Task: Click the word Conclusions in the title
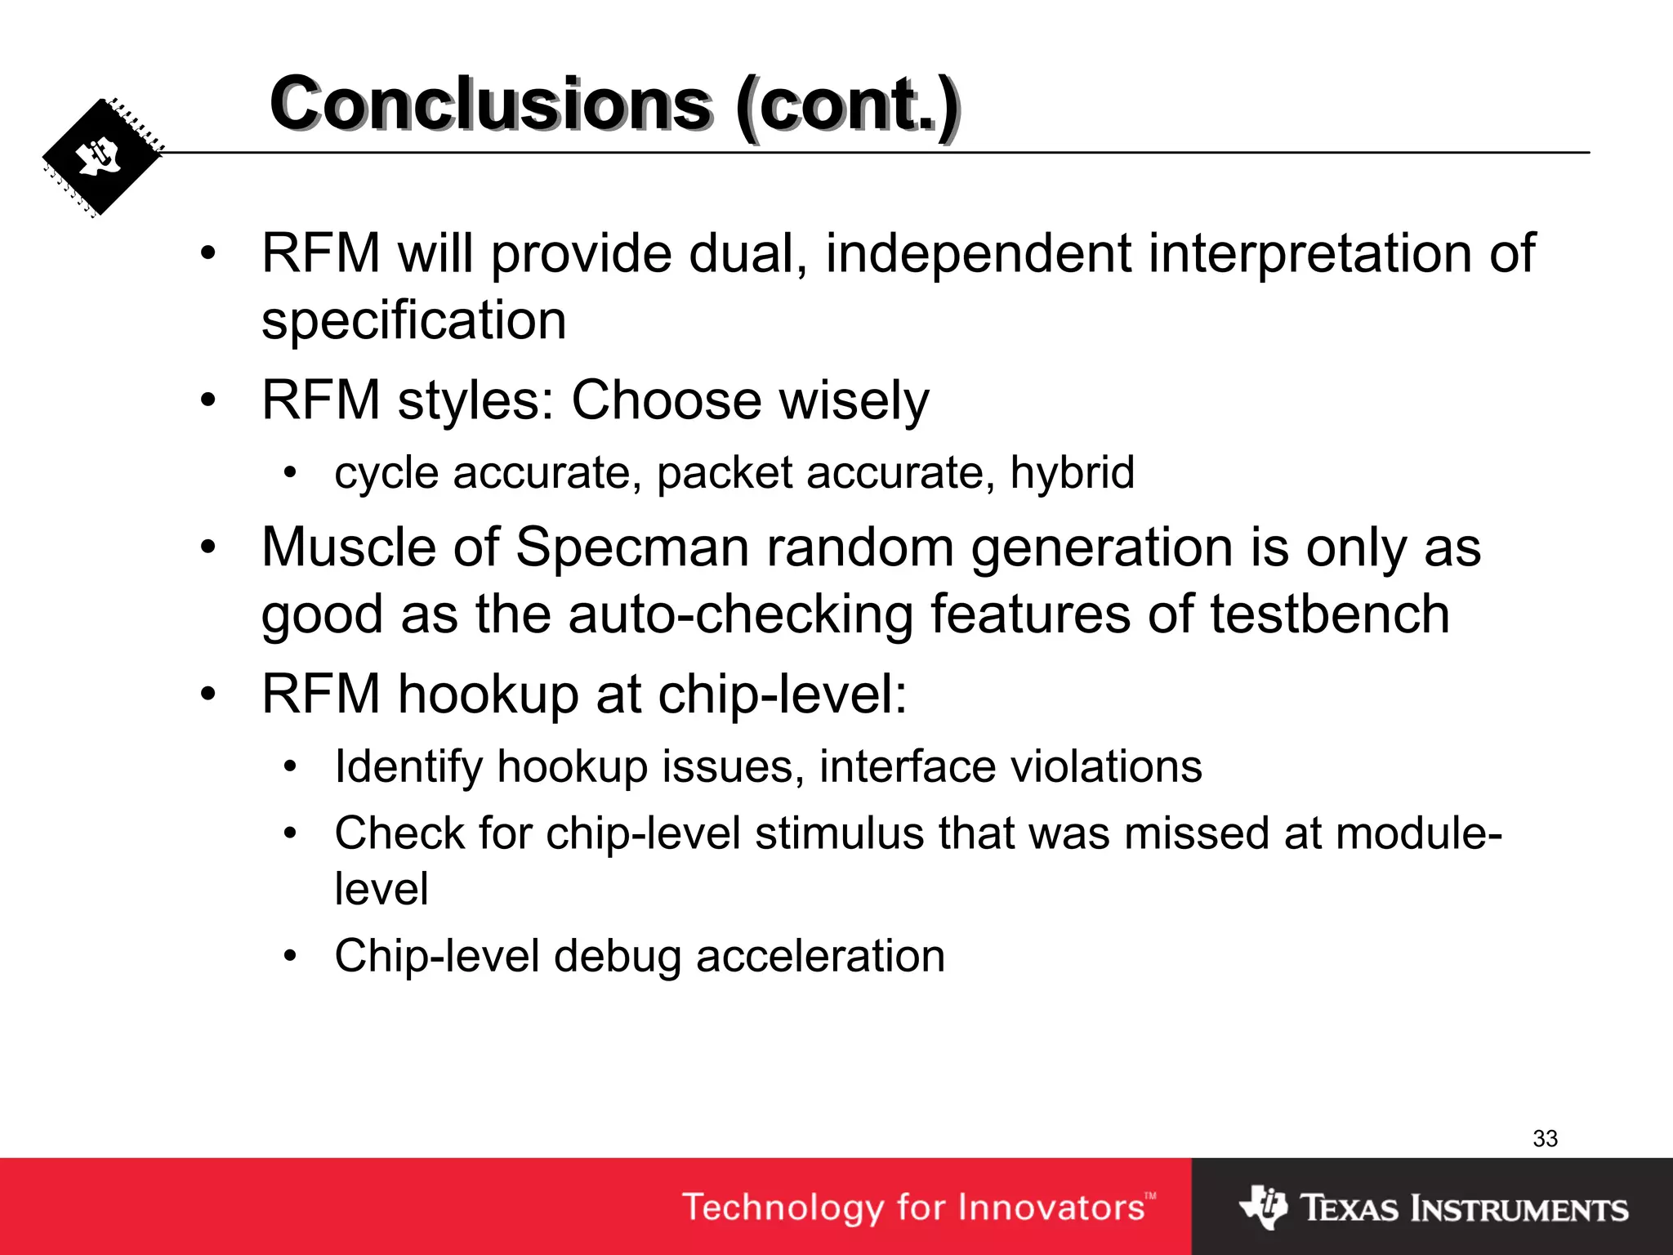point(491,105)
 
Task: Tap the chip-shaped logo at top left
point(102,158)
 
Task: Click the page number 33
point(1545,1138)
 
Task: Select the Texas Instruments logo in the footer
point(1434,1208)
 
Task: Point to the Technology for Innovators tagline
point(918,1208)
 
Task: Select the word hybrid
point(1072,473)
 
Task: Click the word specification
point(413,320)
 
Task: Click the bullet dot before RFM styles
point(208,400)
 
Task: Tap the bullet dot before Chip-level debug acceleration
point(290,956)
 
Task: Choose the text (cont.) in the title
point(847,105)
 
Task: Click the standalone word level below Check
point(381,889)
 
